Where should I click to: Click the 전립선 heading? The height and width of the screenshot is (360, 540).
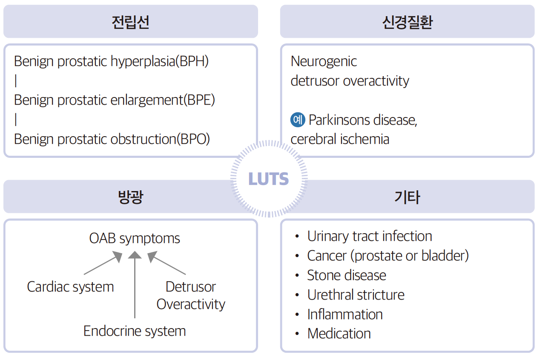[x=130, y=22]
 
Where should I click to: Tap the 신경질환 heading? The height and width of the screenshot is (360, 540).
[x=407, y=22]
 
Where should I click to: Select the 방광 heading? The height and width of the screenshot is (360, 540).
[x=130, y=197]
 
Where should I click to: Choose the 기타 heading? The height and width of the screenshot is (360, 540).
[x=407, y=197]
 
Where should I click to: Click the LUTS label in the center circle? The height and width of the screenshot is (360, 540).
[x=269, y=179]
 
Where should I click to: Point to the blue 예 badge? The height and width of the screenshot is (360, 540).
[x=298, y=120]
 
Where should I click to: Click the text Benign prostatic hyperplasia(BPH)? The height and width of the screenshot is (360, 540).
[x=111, y=61]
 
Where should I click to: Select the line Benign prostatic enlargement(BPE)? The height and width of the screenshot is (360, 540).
[x=114, y=100]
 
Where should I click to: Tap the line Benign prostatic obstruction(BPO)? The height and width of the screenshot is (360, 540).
[x=112, y=139]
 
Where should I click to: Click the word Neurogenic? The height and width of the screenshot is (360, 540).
[x=324, y=61]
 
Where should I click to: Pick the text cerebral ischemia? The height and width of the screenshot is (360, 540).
[x=340, y=139]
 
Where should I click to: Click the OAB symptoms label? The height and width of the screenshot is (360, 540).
[x=135, y=238]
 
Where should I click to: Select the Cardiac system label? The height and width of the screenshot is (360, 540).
[x=70, y=287]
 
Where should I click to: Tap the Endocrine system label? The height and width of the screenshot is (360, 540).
[x=135, y=331]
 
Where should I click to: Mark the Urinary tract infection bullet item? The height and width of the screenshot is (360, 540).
[x=369, y=236]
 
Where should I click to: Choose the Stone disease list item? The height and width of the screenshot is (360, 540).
[x=346, y=275]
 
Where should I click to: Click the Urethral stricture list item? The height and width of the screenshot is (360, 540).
[x=356, y=295]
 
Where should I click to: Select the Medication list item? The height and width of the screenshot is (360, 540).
[x=339, y=334]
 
